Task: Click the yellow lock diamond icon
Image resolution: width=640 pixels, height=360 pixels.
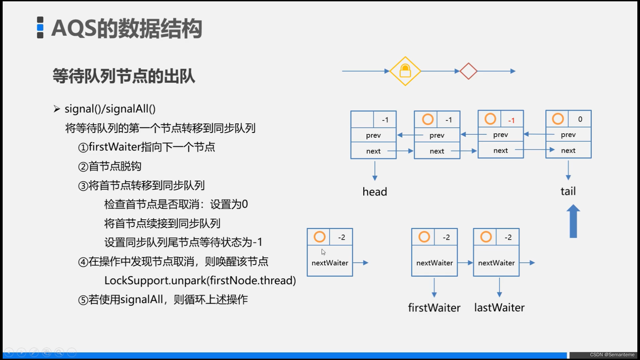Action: pos(405,71)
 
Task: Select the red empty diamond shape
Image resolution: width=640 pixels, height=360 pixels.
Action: pos(468,71)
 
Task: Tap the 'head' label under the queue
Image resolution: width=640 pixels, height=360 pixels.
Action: pos(375,192)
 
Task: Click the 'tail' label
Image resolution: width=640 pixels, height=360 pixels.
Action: pos(568,191)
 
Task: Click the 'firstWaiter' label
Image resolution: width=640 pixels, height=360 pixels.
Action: pos(434,307)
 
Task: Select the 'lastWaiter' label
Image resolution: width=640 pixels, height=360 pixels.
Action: pos(499,307)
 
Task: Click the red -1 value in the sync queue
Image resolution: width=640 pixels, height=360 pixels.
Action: pos(511,120)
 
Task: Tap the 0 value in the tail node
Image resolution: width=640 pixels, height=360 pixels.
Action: pos(580,119)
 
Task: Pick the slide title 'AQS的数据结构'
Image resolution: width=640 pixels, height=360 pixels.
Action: pos(127,28)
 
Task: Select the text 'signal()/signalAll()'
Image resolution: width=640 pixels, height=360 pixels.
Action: pos(110,109)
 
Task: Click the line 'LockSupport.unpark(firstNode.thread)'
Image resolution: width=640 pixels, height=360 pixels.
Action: pos(200,280)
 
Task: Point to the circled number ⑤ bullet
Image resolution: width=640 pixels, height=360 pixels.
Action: pos(83,300)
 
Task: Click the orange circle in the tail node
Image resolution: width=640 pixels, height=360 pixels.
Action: pos(558,119)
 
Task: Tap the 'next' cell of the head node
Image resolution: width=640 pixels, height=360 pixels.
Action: pos(373,151)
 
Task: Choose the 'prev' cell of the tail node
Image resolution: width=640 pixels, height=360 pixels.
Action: pos(568,135)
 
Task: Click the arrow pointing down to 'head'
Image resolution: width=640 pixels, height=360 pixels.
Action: pos(375,171)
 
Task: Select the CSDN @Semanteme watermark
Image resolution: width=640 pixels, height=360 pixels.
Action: pos(612,355)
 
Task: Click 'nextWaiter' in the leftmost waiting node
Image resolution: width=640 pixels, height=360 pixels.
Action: pos(330,263)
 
